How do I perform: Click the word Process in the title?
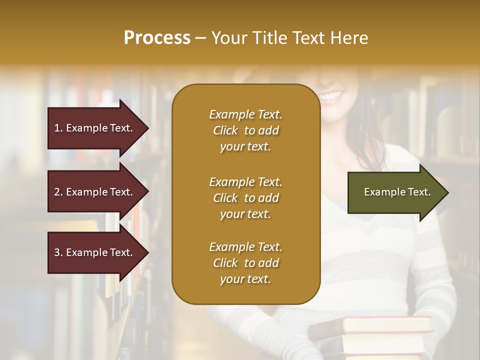click(157, 38)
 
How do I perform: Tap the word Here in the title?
click(350, 38)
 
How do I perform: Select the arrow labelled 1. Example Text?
click(95, 128)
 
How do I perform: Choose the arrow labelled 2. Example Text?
click(95, 192)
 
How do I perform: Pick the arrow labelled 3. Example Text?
click(95, 252)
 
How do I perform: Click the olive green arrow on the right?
click(395, 192)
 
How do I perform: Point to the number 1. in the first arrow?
click(58, 128)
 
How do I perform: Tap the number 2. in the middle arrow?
click(58, 192)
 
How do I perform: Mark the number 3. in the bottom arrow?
click(58, 252)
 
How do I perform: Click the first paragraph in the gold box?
click(245, 130)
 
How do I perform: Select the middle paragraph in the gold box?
click(245, 198)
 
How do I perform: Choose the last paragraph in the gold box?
click(245, 263)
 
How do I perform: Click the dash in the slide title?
click(200, 38)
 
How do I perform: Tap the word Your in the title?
click(227, 38)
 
